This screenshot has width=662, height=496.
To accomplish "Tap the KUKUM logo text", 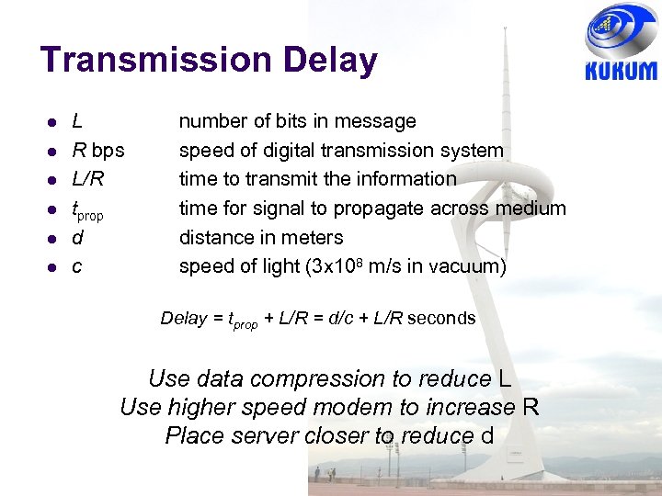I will [x=621, y=72].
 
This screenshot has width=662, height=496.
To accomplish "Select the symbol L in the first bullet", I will [x=77, y=120].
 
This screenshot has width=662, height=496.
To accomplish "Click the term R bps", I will [x=98, y=150].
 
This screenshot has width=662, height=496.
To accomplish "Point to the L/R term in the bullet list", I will [x=88, y=179].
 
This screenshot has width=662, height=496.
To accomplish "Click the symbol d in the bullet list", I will [x=77, y=238].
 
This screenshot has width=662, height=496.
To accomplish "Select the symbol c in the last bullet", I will [x=77, y=267].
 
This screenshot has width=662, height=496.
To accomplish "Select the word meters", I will [x=314, y=238].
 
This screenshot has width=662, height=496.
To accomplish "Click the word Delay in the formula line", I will [x=184, y=319].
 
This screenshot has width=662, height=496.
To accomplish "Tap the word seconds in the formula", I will [x=441, y=319].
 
